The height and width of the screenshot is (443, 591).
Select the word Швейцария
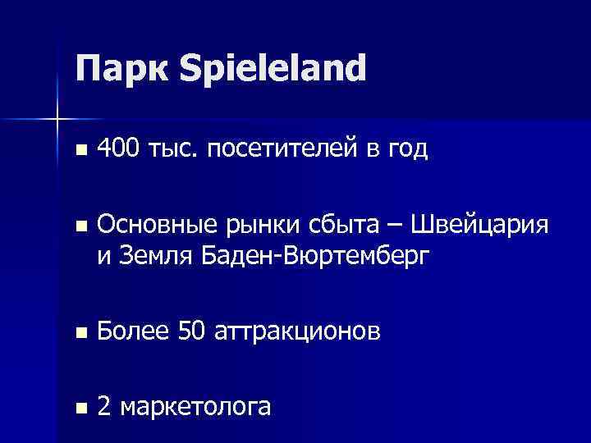tap(479, 224)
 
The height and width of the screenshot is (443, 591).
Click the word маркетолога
tap(195, 406)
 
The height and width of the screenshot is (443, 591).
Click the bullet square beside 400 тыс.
tap(79, 151)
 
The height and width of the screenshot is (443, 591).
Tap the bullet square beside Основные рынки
tap(79, 226)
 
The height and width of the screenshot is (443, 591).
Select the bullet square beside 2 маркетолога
tap(79, 407)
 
